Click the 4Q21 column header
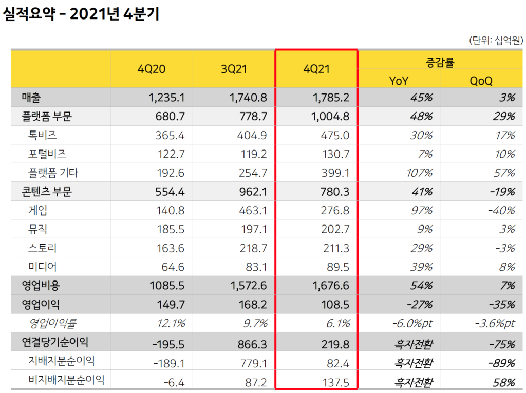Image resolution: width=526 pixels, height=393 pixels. pyautogui.click(x=316, y=69)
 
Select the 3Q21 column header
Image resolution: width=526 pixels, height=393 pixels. pyautogui.click(x=234, y=69)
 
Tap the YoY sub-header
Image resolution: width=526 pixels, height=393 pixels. pyautogui.click(x=399, y=80)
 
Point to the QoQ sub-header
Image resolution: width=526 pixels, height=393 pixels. pyautogui.click(x=481, y=80)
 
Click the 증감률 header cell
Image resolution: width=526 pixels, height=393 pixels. pyautogui.click(x=440, y=62)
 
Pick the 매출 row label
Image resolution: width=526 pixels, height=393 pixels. pyautogui.click(x=31, y=98)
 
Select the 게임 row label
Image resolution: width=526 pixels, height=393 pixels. pyautogui.click(x=39, y=210)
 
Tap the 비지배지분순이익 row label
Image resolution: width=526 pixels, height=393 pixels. pyautogui.click(x=66, y=380)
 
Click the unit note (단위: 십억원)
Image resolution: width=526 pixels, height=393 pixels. pyautogui.click(x=494, y=40)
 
